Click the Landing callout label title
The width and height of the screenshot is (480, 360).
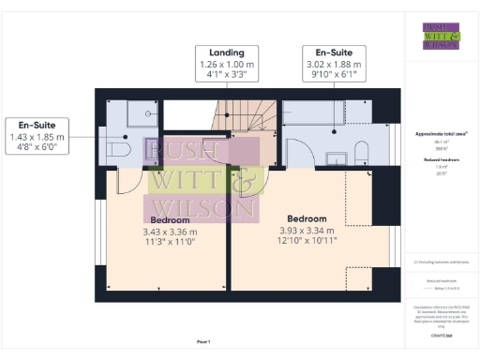coord(228,52)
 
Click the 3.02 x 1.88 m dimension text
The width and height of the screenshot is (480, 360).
coord(333,65)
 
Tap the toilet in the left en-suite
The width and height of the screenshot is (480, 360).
coord(117,150)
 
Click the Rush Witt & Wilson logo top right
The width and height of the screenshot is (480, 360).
coord(441,35)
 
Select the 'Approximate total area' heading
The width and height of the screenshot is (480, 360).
coord(440,133)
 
